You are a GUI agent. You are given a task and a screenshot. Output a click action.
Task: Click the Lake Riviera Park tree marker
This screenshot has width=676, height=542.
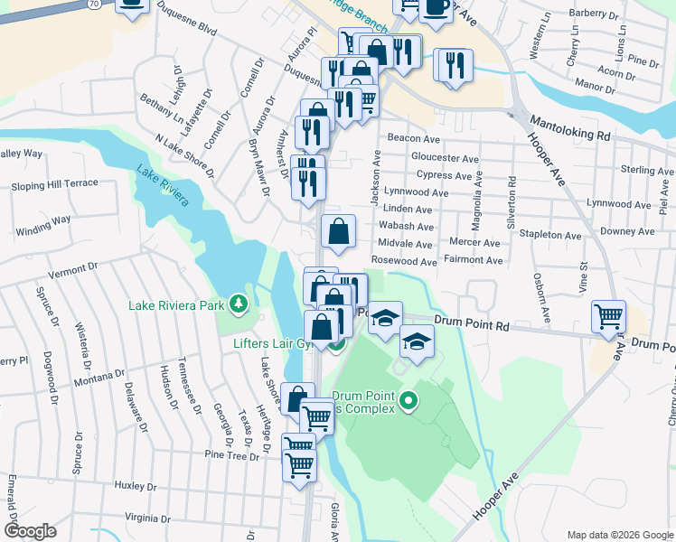pos(239,304)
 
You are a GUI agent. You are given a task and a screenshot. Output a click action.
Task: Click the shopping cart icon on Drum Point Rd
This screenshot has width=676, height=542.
pos(609,317)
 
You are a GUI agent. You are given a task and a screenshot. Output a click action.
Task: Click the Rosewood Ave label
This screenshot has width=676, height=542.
pos(404,261)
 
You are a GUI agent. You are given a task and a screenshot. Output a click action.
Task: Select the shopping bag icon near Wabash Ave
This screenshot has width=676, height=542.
pos(338,232)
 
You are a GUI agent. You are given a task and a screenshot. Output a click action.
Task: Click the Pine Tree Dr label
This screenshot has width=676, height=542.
pos(231,454)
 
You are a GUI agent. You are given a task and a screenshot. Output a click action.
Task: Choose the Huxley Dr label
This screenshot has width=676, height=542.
pos(137,486)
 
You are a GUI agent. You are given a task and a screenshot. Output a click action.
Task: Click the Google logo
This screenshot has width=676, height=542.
pos(30,530)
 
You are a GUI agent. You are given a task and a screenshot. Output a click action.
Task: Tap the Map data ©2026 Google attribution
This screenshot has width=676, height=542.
pos(619,535)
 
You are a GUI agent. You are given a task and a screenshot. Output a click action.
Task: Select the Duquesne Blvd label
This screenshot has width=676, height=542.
pos(187,19)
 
